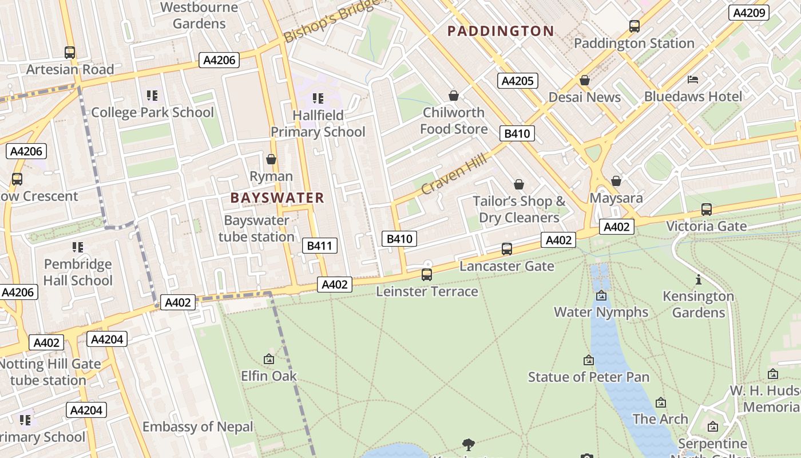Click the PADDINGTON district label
point(501,31)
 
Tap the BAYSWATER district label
point(277,198)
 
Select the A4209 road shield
point(748,13)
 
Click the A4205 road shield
point(517,81)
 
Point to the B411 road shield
point(319,246)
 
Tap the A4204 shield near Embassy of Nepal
point(86,410)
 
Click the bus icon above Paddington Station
point(634,26)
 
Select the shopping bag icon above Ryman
point(271,159)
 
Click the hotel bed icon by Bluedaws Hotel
point(693,79)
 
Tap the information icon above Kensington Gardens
point(698,279)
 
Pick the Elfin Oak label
point(269,376)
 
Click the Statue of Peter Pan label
point(588,377)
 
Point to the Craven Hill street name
point(454,173)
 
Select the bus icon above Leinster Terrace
point(427,274)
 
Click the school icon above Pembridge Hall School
point(78,247)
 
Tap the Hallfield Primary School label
point(318,124)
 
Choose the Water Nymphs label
point(601,312)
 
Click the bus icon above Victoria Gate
point(707,209)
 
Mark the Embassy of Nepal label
point(197,427)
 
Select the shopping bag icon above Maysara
point(616,181)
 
